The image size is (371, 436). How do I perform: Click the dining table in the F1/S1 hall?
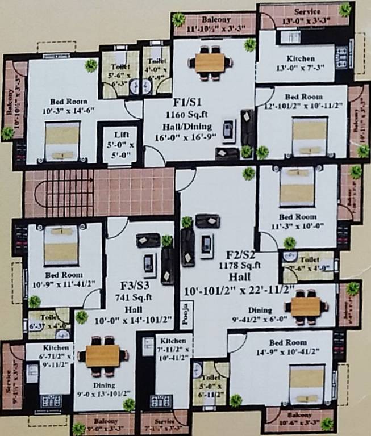(x=210, y=62)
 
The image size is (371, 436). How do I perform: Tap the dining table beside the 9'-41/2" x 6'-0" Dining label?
(x=306, y=307)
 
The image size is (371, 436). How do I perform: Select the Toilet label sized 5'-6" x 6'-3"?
(x=120, y=66)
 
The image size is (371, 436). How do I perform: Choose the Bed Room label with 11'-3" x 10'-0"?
(x=297, y=217)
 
